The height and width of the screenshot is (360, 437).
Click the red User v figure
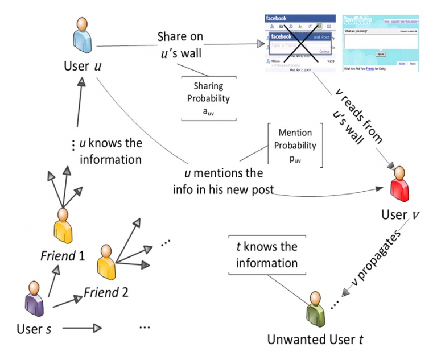[x=400, y=185]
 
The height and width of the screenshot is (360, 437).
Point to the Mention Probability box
[x=295, y=146]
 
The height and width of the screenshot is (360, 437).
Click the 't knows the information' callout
[x=267, y=255]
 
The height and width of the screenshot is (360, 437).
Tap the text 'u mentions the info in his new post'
[x=222, y=181]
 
